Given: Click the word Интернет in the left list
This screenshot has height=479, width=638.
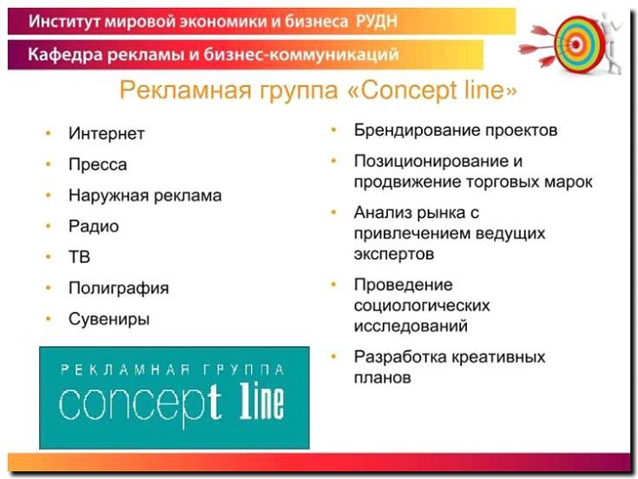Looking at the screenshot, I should pyautogui.click(x=106, y=134).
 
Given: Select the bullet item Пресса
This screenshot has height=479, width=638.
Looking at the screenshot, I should pyautogui.click(x=97, y=164).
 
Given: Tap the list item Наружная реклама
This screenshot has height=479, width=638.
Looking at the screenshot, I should pyautogui.click(x=144, y=196).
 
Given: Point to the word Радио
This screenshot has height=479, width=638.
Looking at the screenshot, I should pyautogui.click(x=93, y=226).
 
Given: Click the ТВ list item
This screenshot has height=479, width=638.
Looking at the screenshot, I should pyautogui.click(x=79, y=257).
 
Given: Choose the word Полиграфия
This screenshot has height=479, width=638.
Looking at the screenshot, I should pyautogui.click(x=118, y=288).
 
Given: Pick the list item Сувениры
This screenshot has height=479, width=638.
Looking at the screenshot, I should pyautogui.click(x=109, y=319).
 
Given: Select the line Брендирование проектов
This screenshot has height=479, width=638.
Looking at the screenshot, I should pyautogui.click(x=455, y=131).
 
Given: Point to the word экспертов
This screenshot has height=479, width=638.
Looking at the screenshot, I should pyautogui.click(x=393, y=255).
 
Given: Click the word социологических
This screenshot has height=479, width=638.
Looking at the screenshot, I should pyautogui.click(x=421, y=306).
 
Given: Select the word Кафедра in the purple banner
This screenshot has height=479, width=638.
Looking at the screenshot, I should pyautogui.click(x=63, y=56).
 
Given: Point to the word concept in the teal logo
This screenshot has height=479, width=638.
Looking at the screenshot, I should pyautogui.click(x=139, y=402).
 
